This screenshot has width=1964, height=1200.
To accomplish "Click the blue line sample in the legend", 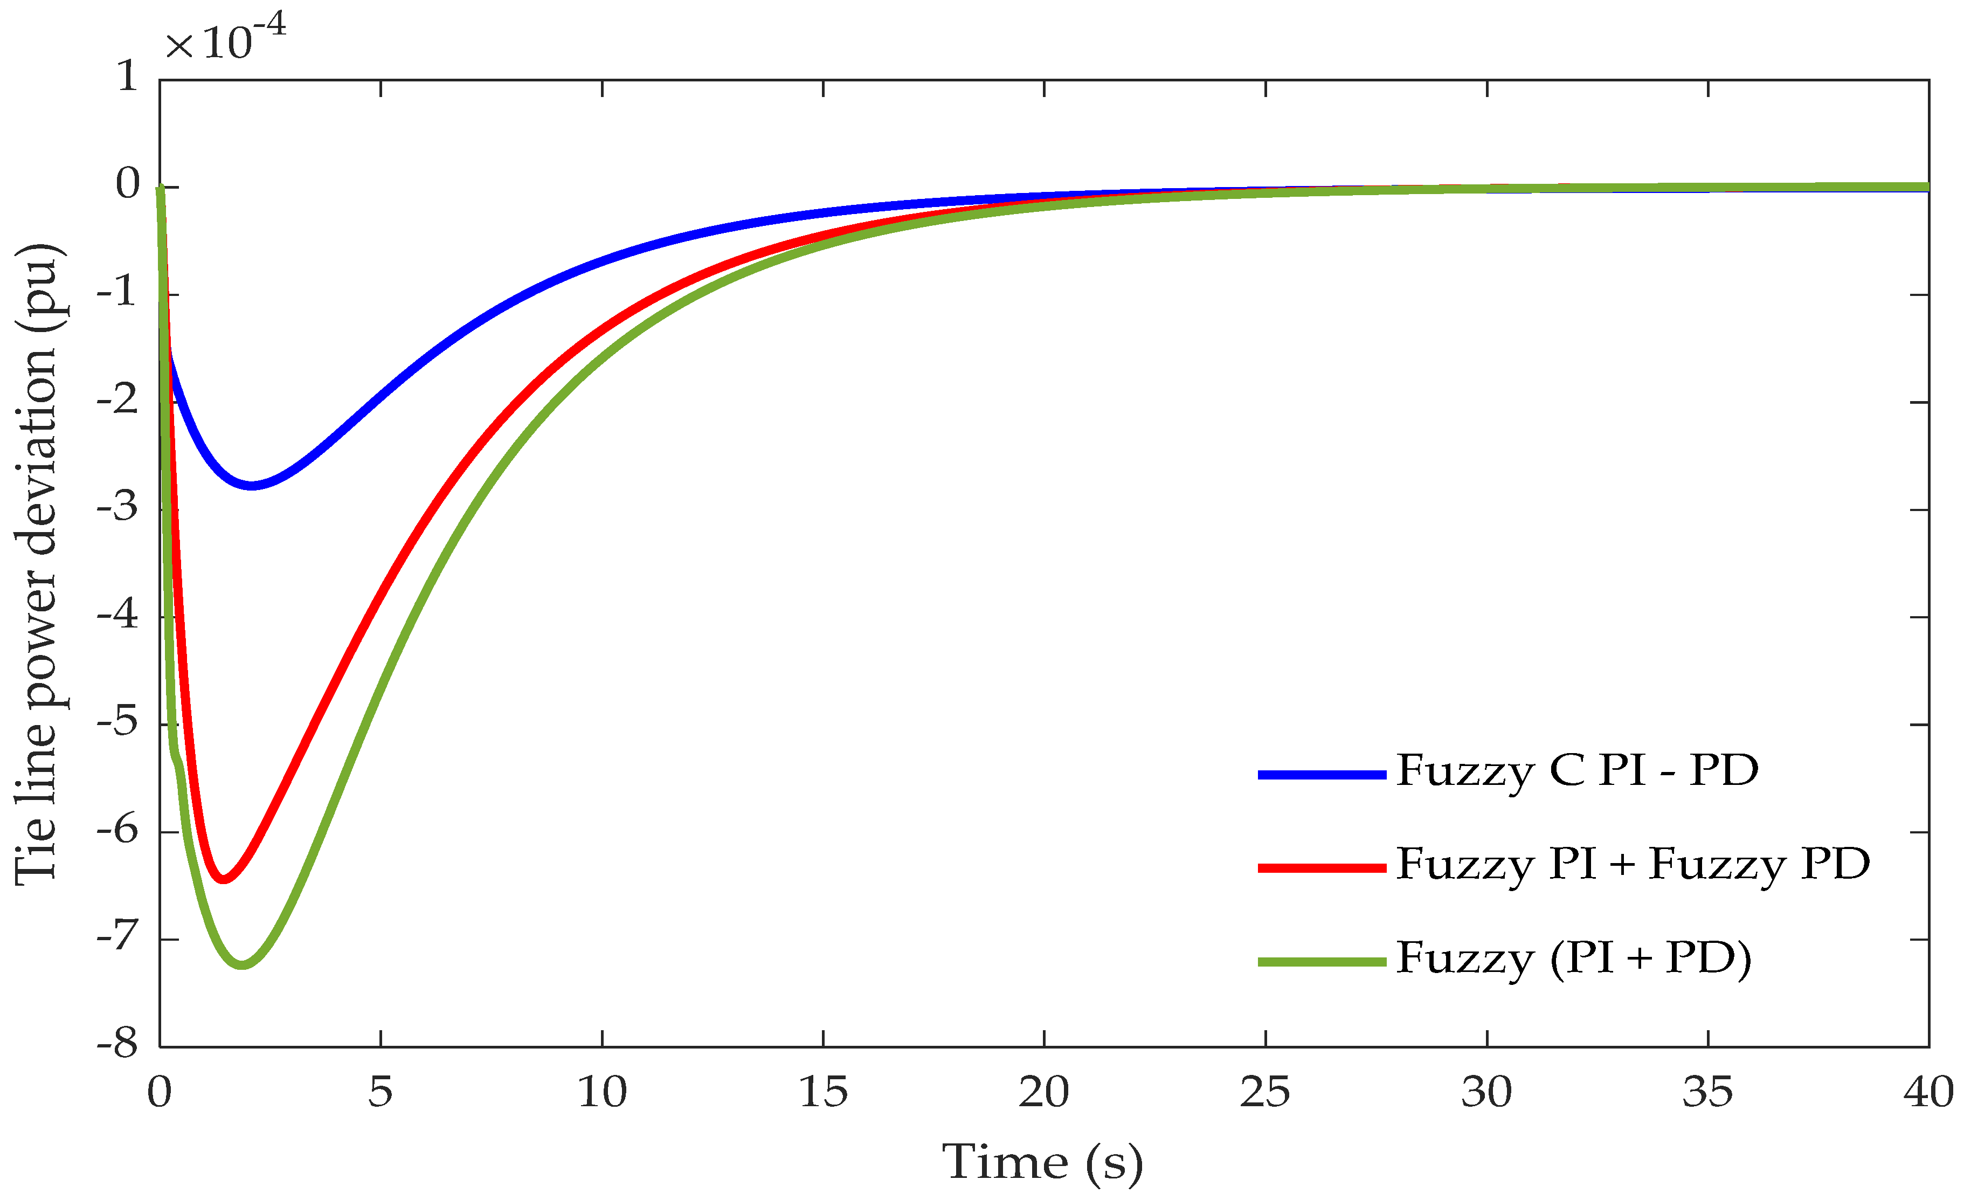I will pyautogui.click(x=1322, y=774).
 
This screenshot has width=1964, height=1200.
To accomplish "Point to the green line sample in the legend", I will pyautogui.click(x=1322, y=962).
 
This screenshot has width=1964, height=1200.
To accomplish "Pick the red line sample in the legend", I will pyautogui.click(x=1322, y=867).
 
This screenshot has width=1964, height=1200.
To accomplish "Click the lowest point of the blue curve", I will pyautogui.click(x=252, y=486).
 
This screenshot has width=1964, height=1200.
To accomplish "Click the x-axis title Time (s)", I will pyautogui.click(x=1042, y=1162).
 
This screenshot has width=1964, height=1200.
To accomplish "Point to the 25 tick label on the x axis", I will pyautogui.click(x=1265, y=1092).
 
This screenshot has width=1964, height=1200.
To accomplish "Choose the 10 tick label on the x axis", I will pyautogui.click(x=602, y=1092).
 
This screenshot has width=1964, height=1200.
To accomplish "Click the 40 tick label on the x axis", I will pyautogui.click(x=1927, y=1092).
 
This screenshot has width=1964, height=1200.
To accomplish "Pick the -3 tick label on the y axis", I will pyautogui.click(x=118, y=508).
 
